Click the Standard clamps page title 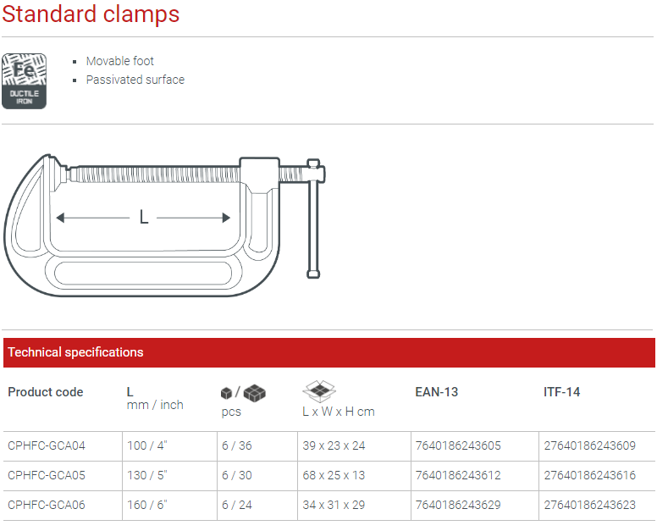point(91,14)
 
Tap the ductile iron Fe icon point(24,81)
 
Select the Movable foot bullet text point(119,61)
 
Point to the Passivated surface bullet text point(135,80)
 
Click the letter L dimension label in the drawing point(144,218)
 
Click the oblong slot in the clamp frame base point(144,275)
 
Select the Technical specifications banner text point(75,352)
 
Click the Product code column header point(46,392)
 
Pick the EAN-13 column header point(436,392)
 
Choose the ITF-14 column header point(561,392)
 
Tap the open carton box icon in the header point(319,391)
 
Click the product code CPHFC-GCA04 point(47,445)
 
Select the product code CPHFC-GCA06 point(47,505)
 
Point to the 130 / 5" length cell point(146,475)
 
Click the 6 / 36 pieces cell point(237,445)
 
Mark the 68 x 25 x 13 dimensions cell point(334,475)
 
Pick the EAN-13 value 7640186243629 point(458,505)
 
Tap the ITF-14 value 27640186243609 point(589,445)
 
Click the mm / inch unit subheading point(155,405)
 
